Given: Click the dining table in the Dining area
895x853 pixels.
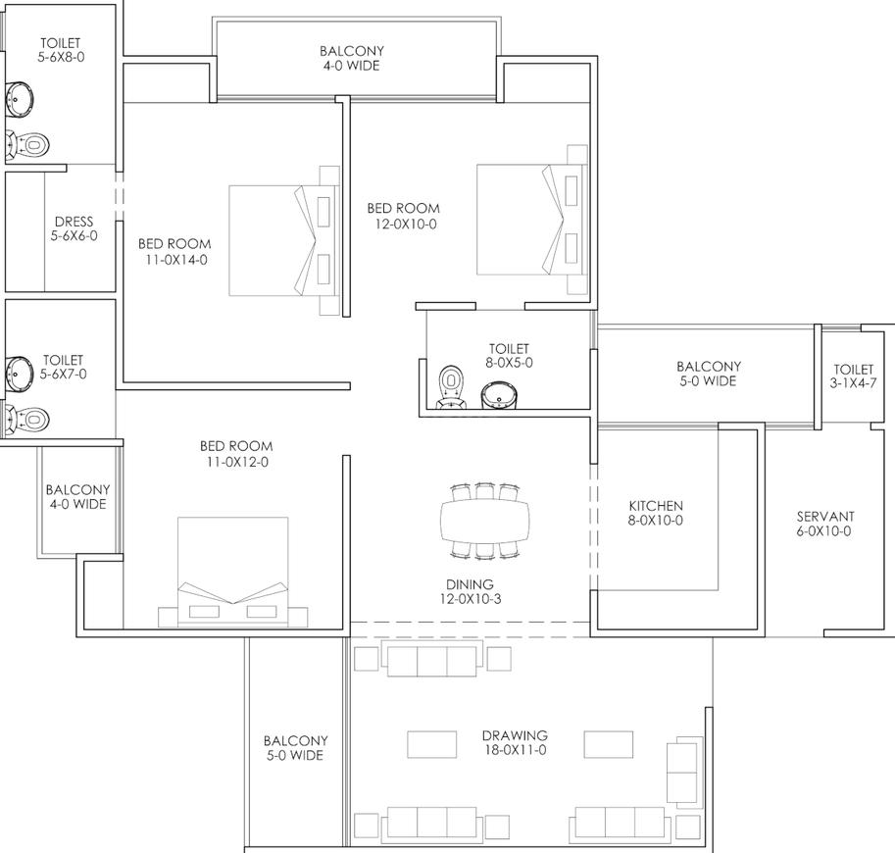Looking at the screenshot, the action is point(484,521).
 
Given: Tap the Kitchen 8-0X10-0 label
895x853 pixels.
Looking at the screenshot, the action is point(656,513).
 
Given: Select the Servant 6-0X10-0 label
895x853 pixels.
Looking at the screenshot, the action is point(824,524).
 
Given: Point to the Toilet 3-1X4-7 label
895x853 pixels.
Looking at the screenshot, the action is point(853,376).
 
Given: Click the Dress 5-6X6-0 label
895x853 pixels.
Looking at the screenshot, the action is point(74,228).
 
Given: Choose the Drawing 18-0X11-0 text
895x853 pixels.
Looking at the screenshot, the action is point(515,742).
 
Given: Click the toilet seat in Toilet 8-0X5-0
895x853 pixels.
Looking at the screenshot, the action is point(451,387).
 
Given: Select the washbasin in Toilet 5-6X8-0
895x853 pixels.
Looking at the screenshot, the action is point(20,100).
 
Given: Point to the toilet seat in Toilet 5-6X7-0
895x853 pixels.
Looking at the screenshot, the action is point(26,420).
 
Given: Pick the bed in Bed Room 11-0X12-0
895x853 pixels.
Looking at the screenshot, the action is point(233,571).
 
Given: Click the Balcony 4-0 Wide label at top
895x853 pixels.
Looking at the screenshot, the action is point(352,58).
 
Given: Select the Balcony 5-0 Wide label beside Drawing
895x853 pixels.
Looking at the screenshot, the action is point(295,748).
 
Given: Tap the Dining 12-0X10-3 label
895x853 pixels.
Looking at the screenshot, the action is point(470,591).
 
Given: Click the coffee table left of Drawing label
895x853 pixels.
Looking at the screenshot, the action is point(431,744).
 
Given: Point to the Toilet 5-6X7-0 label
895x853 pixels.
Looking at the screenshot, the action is point(64,367).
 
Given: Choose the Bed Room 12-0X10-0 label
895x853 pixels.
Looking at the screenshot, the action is point(404,216).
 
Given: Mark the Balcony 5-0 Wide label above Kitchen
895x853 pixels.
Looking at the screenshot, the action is point(709,374).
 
